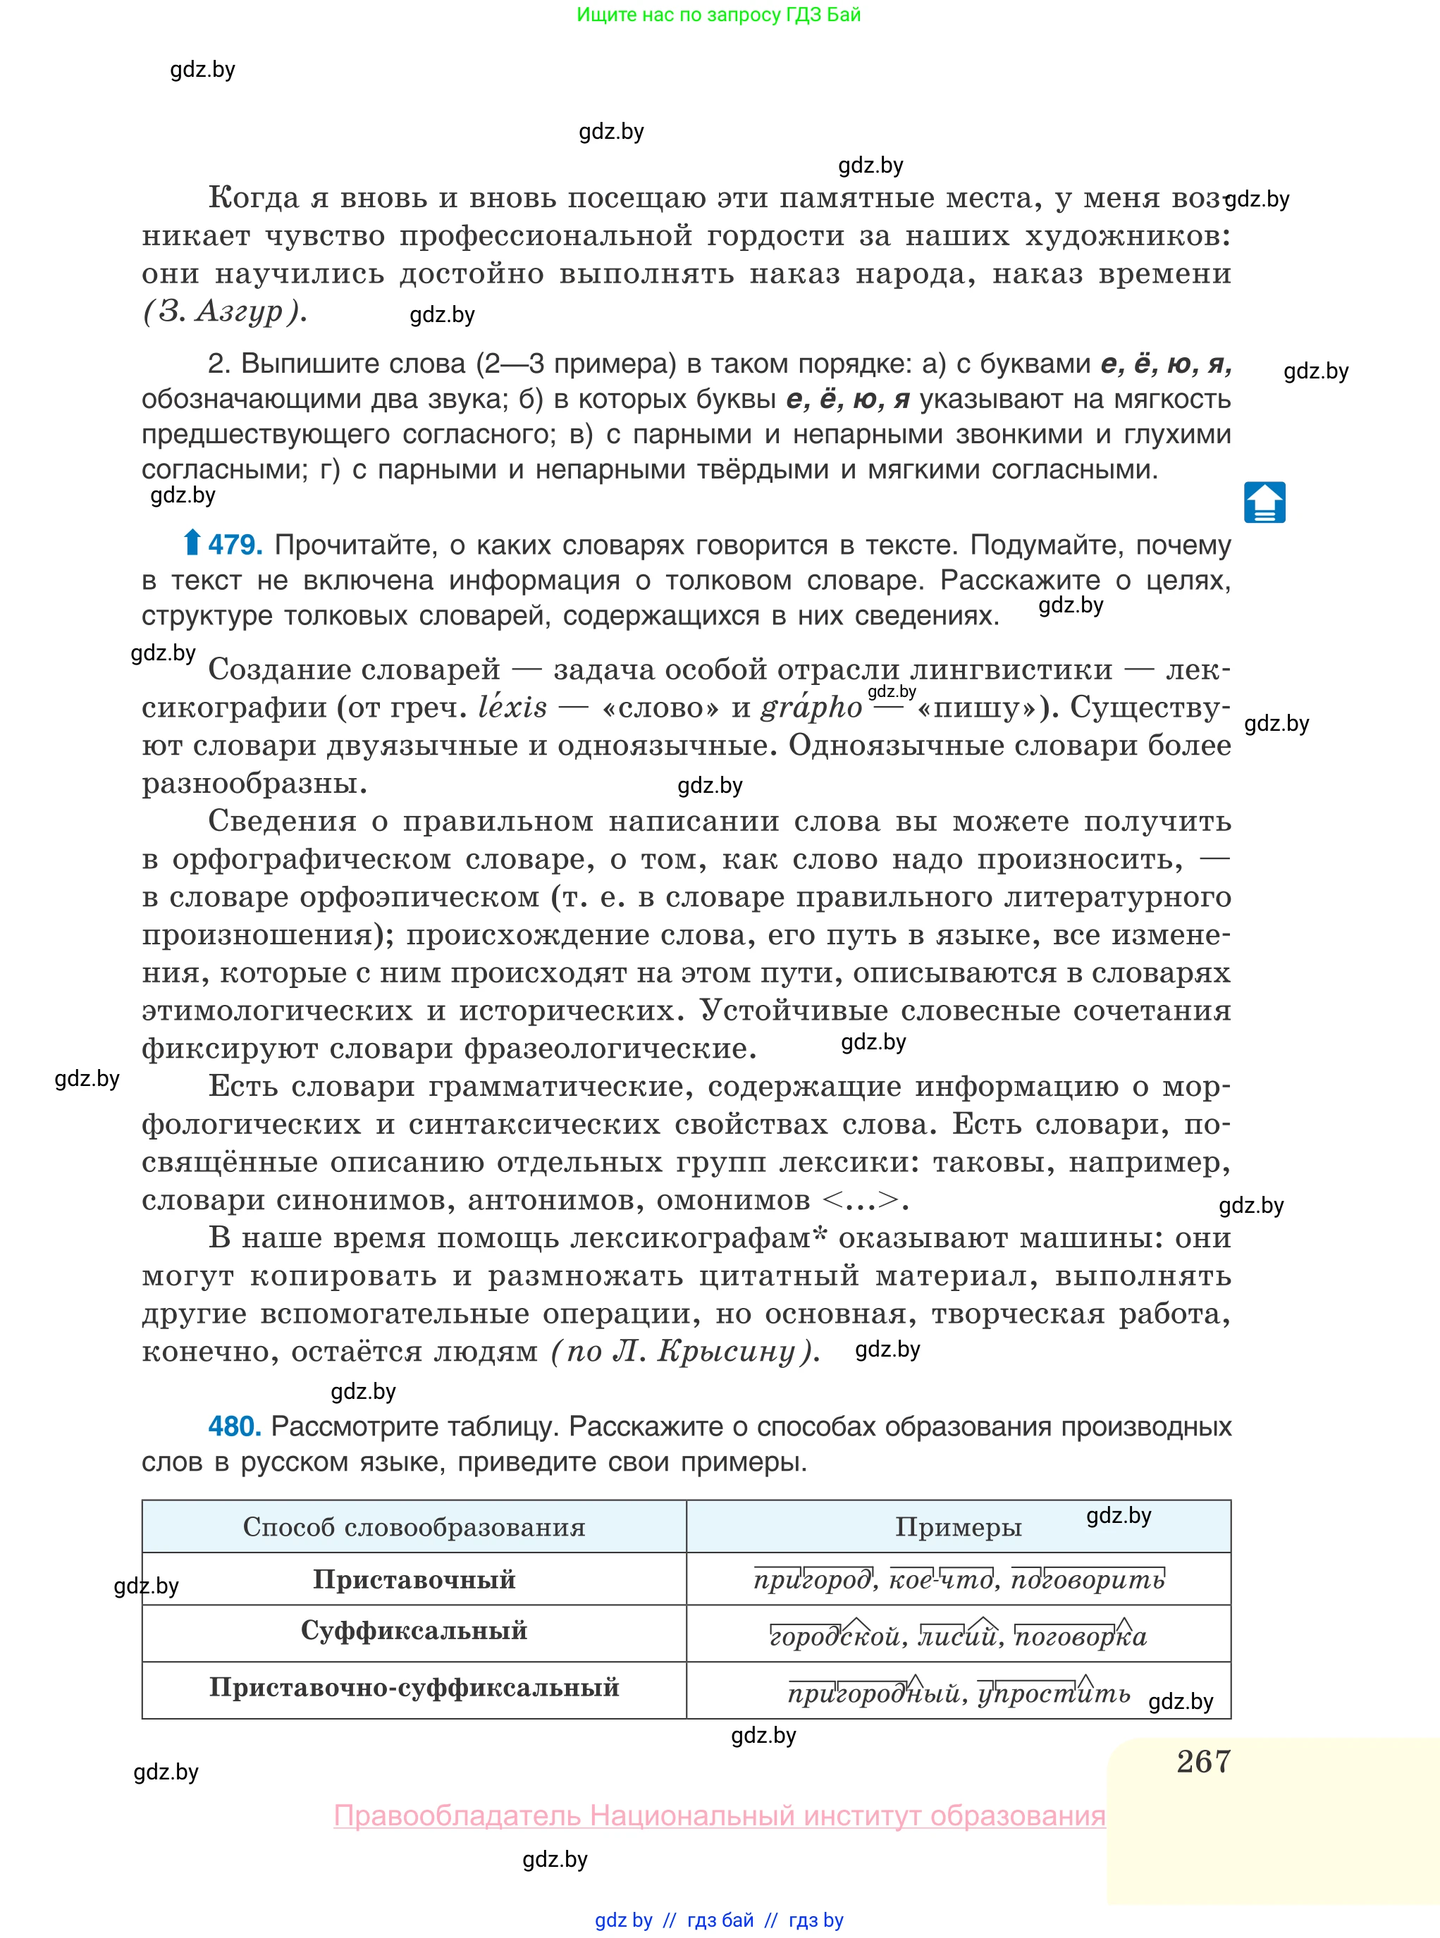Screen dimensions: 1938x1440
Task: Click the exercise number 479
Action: click(x=235, y=545)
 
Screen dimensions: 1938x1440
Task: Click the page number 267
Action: click(x=1203, y=1761)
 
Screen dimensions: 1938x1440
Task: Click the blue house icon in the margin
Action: click(x=1264, y=502)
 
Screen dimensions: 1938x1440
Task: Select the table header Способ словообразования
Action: click(x=414, y=1526)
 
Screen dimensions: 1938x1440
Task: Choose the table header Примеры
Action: click(x=958, y=1526)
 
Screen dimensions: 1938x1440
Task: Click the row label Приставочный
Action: click(x=414, y=1579)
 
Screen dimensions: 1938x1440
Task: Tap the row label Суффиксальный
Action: click(x=414, y=1631)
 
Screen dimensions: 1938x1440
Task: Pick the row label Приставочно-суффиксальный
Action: click(x=414, y=1687)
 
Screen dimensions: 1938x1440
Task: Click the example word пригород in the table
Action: click(x=813, y=1580)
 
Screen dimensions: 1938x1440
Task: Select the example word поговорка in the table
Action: click(x=1081, y=1636)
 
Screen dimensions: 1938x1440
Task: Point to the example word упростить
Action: click(x=1054, y=1693)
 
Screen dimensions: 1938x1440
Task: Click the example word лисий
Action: click(x=959, y=1636)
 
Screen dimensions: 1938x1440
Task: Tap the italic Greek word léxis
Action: click(x=512, y=707)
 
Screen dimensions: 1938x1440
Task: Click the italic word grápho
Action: click(x=811, y=707)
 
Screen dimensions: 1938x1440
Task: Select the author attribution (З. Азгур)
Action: click(x=224, y=311)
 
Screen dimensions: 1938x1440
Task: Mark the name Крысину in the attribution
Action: click(x=725, y=1352)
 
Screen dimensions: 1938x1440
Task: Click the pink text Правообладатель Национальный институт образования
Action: click(x=719, y=1815)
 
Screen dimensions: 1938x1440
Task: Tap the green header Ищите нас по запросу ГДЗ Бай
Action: click(x=718, y=15)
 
